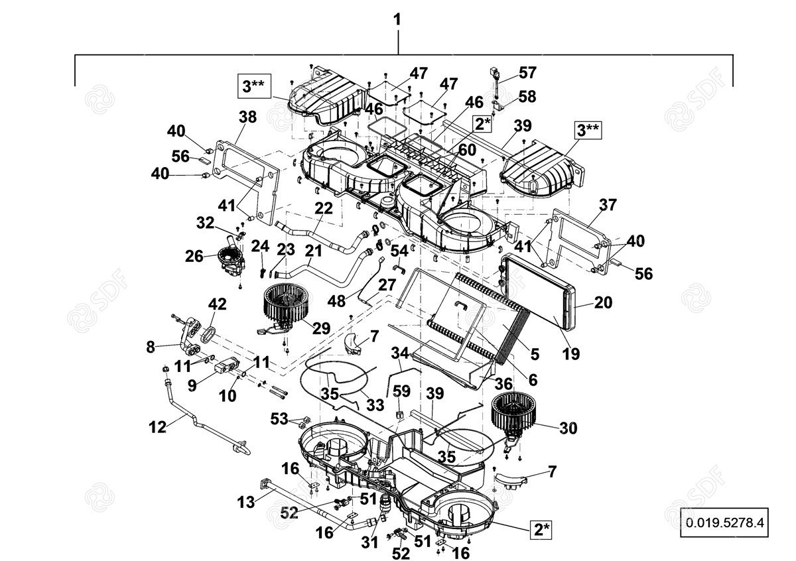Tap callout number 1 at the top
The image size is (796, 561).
pyautogui.click(x=397, y=20)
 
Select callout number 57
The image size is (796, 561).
pyautogui.click(x=528, y=73)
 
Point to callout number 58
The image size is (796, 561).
pyautogui.click(x=527, y=97)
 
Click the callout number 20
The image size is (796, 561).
pyautogui.click(x=603, y=302)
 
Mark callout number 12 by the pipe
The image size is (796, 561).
pyautogui.click(x=157, y=428)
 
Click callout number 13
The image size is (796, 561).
pyautogui.click(x=246, y=502)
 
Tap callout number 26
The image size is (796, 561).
pyautogui.click(x=194, y=255)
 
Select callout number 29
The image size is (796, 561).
pyautogui.click(x=321, y=328)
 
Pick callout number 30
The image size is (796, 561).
pyautogui.click(x=568, y=428)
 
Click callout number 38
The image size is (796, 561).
pyautogui.click(x=247, y=118)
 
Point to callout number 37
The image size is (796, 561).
pyautogui.click(x=608, y=205)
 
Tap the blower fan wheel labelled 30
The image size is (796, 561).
pyautogui.click(x=511, y=412)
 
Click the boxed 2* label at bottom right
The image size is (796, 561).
pyautogui.click(x=540, y=529)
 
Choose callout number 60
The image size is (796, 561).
pyautogui.click(x=467, y=151)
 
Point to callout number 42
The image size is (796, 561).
pyautogui.click(x=218, y=304)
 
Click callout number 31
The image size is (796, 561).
pyautogui.click(x=369, y=541)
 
